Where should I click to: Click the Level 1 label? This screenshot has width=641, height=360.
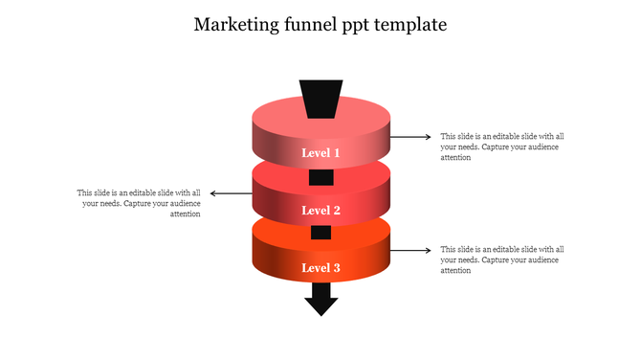pyautogui.click(x=320, y=153)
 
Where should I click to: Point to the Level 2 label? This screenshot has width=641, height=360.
pyautogui.click(x=320, y=211)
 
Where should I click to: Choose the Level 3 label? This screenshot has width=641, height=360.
pyautogui.click(x=320, y=268)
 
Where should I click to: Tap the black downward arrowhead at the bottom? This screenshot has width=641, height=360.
pyautogui.click(x=320, y=304)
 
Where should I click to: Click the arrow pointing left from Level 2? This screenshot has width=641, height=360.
pyautogui.click(x=231, y=193)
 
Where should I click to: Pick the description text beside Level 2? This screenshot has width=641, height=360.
pyautogui.click(x=139, y=203)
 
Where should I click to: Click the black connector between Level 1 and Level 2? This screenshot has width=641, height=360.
pyautogui.click(x=320, y=177)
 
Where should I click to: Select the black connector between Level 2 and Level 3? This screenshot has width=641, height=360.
pyautogui.click(x=320, y=233)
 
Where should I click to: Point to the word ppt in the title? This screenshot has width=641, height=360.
pyautogui.click(x=355, y=26)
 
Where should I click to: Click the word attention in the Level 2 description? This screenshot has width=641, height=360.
pyautogui.click(x=185, y=214)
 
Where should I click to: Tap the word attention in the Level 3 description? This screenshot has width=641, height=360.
pyautogui.click(x=455, y=271)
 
